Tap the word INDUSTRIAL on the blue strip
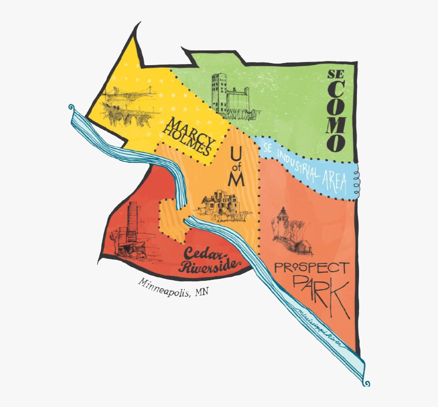coord(300,165)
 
